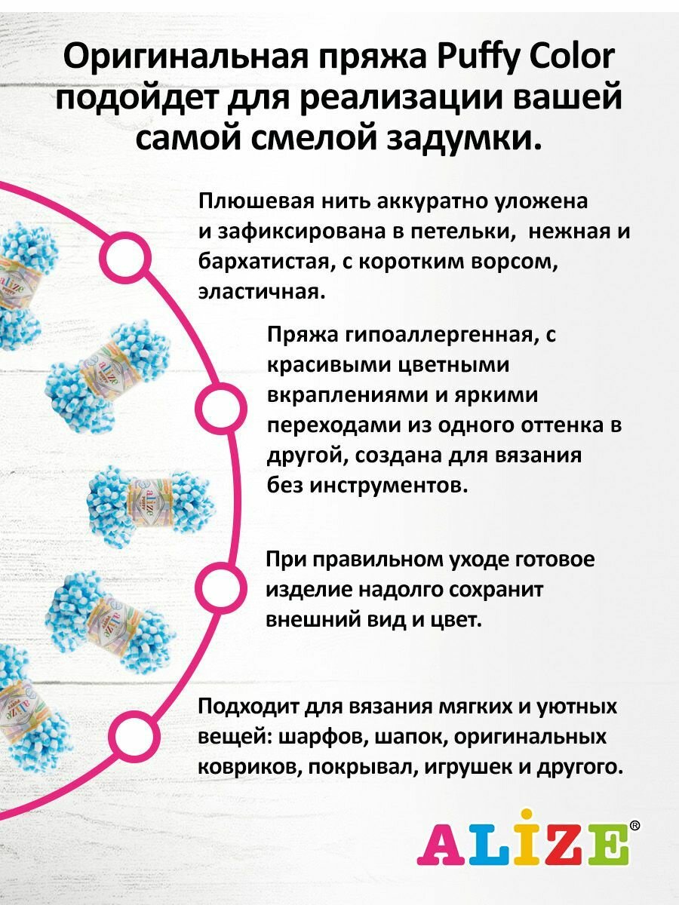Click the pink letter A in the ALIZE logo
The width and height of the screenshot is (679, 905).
click(x=441, y=842)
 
